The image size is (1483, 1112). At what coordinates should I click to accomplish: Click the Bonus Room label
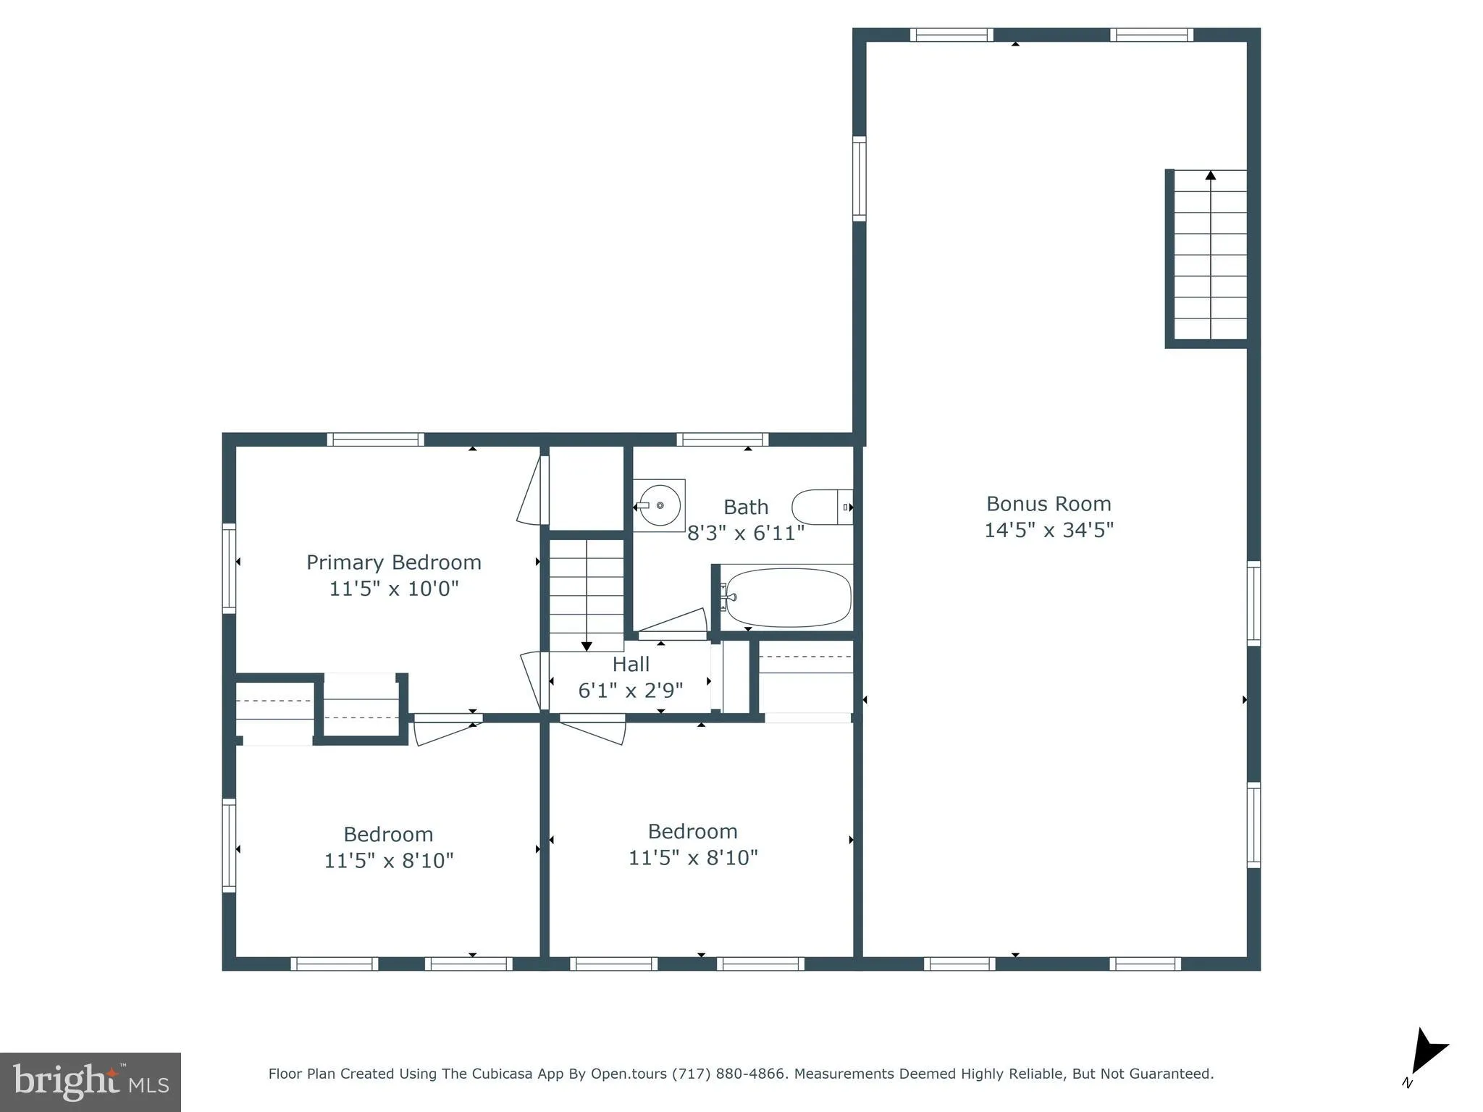pyautogui.click(x=1048, y=504)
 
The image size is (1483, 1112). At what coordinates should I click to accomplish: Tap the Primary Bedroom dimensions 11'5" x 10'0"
pyautogui.click(x=394, y=589)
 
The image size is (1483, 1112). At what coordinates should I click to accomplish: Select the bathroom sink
pyautogui.click(x=659, y=505)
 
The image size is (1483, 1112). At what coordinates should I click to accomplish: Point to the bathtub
pyautogui.click(x=788, y=598)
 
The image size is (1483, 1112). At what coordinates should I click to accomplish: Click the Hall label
pyautogui.click(x=631, y=664)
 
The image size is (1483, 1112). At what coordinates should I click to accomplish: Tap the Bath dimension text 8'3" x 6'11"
pyautogui.click(x=745, y=534)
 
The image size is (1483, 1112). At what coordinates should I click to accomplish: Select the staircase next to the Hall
pyautogui.click(x=587, y=590)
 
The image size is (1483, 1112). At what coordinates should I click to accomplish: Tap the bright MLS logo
pyautogui.click(x=91, y=1082)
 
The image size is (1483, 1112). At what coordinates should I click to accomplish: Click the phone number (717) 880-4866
pyautogui.click(x=728, y=1074)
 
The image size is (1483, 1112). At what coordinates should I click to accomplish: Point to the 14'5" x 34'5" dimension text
pyautogui.click(x=1048, y=530)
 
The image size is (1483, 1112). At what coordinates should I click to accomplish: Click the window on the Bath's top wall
pyautogui.click(x=722, y=439)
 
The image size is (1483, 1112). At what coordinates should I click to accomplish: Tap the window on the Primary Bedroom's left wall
pyautogui.click(x=229, y=568)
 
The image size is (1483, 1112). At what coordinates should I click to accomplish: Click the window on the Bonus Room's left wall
pyautogui.click(x=859, y=178)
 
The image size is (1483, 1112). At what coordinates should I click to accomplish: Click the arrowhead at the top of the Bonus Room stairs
pyautogui.click(x=1210, y=175)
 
